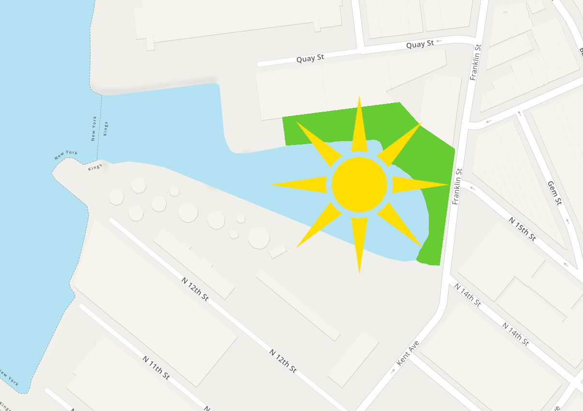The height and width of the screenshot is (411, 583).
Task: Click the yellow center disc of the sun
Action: click(x=359, y=184)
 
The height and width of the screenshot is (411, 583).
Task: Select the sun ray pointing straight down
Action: click(x=359, y=242)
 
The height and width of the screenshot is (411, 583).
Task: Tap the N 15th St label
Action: click(x=522, y=229)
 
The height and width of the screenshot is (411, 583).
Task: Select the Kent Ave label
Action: click(x=408, y=353)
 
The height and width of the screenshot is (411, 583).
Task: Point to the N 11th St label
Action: click(x=156, y=367)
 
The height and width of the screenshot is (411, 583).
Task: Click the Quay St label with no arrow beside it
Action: click(x=310, y=59)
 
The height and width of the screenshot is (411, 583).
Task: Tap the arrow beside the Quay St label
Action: click(x=439, y=42)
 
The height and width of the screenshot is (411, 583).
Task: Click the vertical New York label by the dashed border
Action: click(x=95, y=129)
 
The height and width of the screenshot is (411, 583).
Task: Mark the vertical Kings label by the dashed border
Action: click(x=106, y=129)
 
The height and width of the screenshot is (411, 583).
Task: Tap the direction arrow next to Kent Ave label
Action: click(x=393, y=370)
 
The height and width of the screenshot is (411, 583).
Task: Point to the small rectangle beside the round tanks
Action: click(x=277, y=251)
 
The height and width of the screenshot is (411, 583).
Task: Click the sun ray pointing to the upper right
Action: click(x=398, y=145)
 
